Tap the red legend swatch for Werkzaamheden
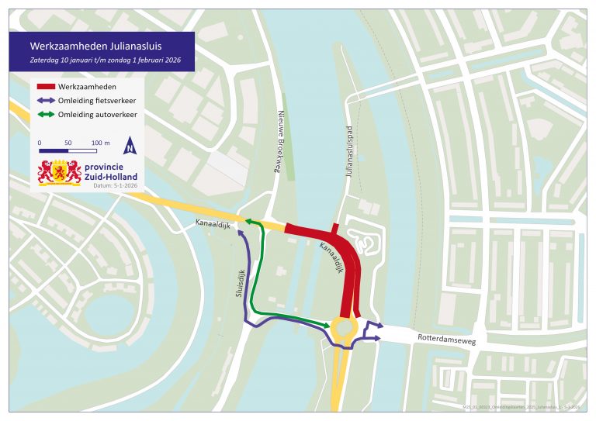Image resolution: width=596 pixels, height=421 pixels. click(52, 86)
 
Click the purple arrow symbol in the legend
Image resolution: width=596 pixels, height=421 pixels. click(52, 100)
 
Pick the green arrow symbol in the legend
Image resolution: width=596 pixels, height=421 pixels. click(52, 115)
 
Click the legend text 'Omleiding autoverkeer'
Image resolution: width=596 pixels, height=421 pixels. click(104, 115)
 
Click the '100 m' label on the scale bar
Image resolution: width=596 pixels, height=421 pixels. click(101, 143)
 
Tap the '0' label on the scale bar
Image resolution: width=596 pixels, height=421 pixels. click(40, 143)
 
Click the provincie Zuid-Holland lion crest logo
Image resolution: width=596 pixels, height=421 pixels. click(60, 172)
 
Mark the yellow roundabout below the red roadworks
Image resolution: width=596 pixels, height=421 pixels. click(342, 331)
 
